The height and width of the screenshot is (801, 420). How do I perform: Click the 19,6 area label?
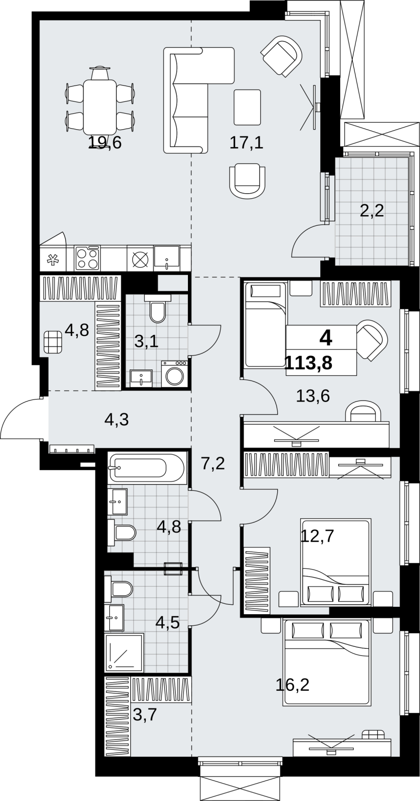click(x=105, y=143)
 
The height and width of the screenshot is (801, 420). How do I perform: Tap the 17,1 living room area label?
click(x=247, y=143)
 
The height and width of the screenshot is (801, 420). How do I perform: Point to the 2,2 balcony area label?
click(x=372, y=211)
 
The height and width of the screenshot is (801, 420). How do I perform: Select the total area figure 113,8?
click(x=309, y=363)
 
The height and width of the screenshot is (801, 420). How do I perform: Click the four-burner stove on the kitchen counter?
click(x=87, y=258)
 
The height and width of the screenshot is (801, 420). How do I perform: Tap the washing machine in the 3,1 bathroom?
click(x=174, y=373)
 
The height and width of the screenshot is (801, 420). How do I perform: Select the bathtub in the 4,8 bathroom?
click(x=147, y=468)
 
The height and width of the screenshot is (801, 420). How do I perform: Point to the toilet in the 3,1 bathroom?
click(x=157, y=309)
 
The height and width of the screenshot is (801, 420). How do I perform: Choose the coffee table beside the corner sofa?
click(x=247, y=107)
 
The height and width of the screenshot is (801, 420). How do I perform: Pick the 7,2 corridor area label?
click(x=213, y=464)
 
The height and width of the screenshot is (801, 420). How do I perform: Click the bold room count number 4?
click(x=326, y=338)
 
